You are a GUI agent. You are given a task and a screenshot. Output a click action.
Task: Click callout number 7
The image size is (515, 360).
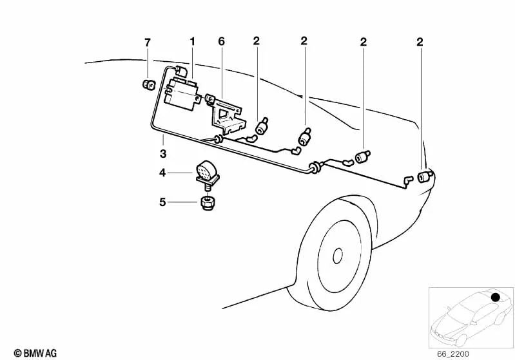tap(148, 43)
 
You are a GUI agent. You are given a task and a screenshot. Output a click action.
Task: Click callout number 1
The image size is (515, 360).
tap(193, 42)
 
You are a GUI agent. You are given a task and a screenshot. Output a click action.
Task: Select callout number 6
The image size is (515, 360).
tap(221, 42)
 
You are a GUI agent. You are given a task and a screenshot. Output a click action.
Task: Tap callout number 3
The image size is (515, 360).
tap(163, 153)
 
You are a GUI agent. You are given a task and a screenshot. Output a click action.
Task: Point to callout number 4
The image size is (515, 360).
tap(162, 173)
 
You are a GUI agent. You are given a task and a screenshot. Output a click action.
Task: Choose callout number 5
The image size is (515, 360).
tap(162, 202)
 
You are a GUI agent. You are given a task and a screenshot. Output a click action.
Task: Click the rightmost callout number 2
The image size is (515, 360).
tap(420, 43)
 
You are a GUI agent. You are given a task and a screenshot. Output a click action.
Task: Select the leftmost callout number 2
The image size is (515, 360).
tap(256, 41)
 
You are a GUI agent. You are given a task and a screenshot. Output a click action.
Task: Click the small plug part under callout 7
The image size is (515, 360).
tap(149, 84)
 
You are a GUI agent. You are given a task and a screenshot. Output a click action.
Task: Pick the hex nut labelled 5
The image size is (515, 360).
tap(206, 202)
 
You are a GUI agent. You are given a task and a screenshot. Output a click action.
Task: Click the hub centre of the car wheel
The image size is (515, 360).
tap(338, 255)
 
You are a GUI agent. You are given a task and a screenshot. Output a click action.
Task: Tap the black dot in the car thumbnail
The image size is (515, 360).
tap(495, 298)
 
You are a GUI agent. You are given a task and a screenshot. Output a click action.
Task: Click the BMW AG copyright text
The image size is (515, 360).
tap(35, 353)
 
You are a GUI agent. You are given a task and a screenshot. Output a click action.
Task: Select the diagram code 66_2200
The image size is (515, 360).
tap(453, 354)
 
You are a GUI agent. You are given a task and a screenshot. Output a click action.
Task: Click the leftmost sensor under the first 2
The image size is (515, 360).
tap(262, 126)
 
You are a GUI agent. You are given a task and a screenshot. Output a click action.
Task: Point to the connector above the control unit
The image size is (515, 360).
tap(181, 71)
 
